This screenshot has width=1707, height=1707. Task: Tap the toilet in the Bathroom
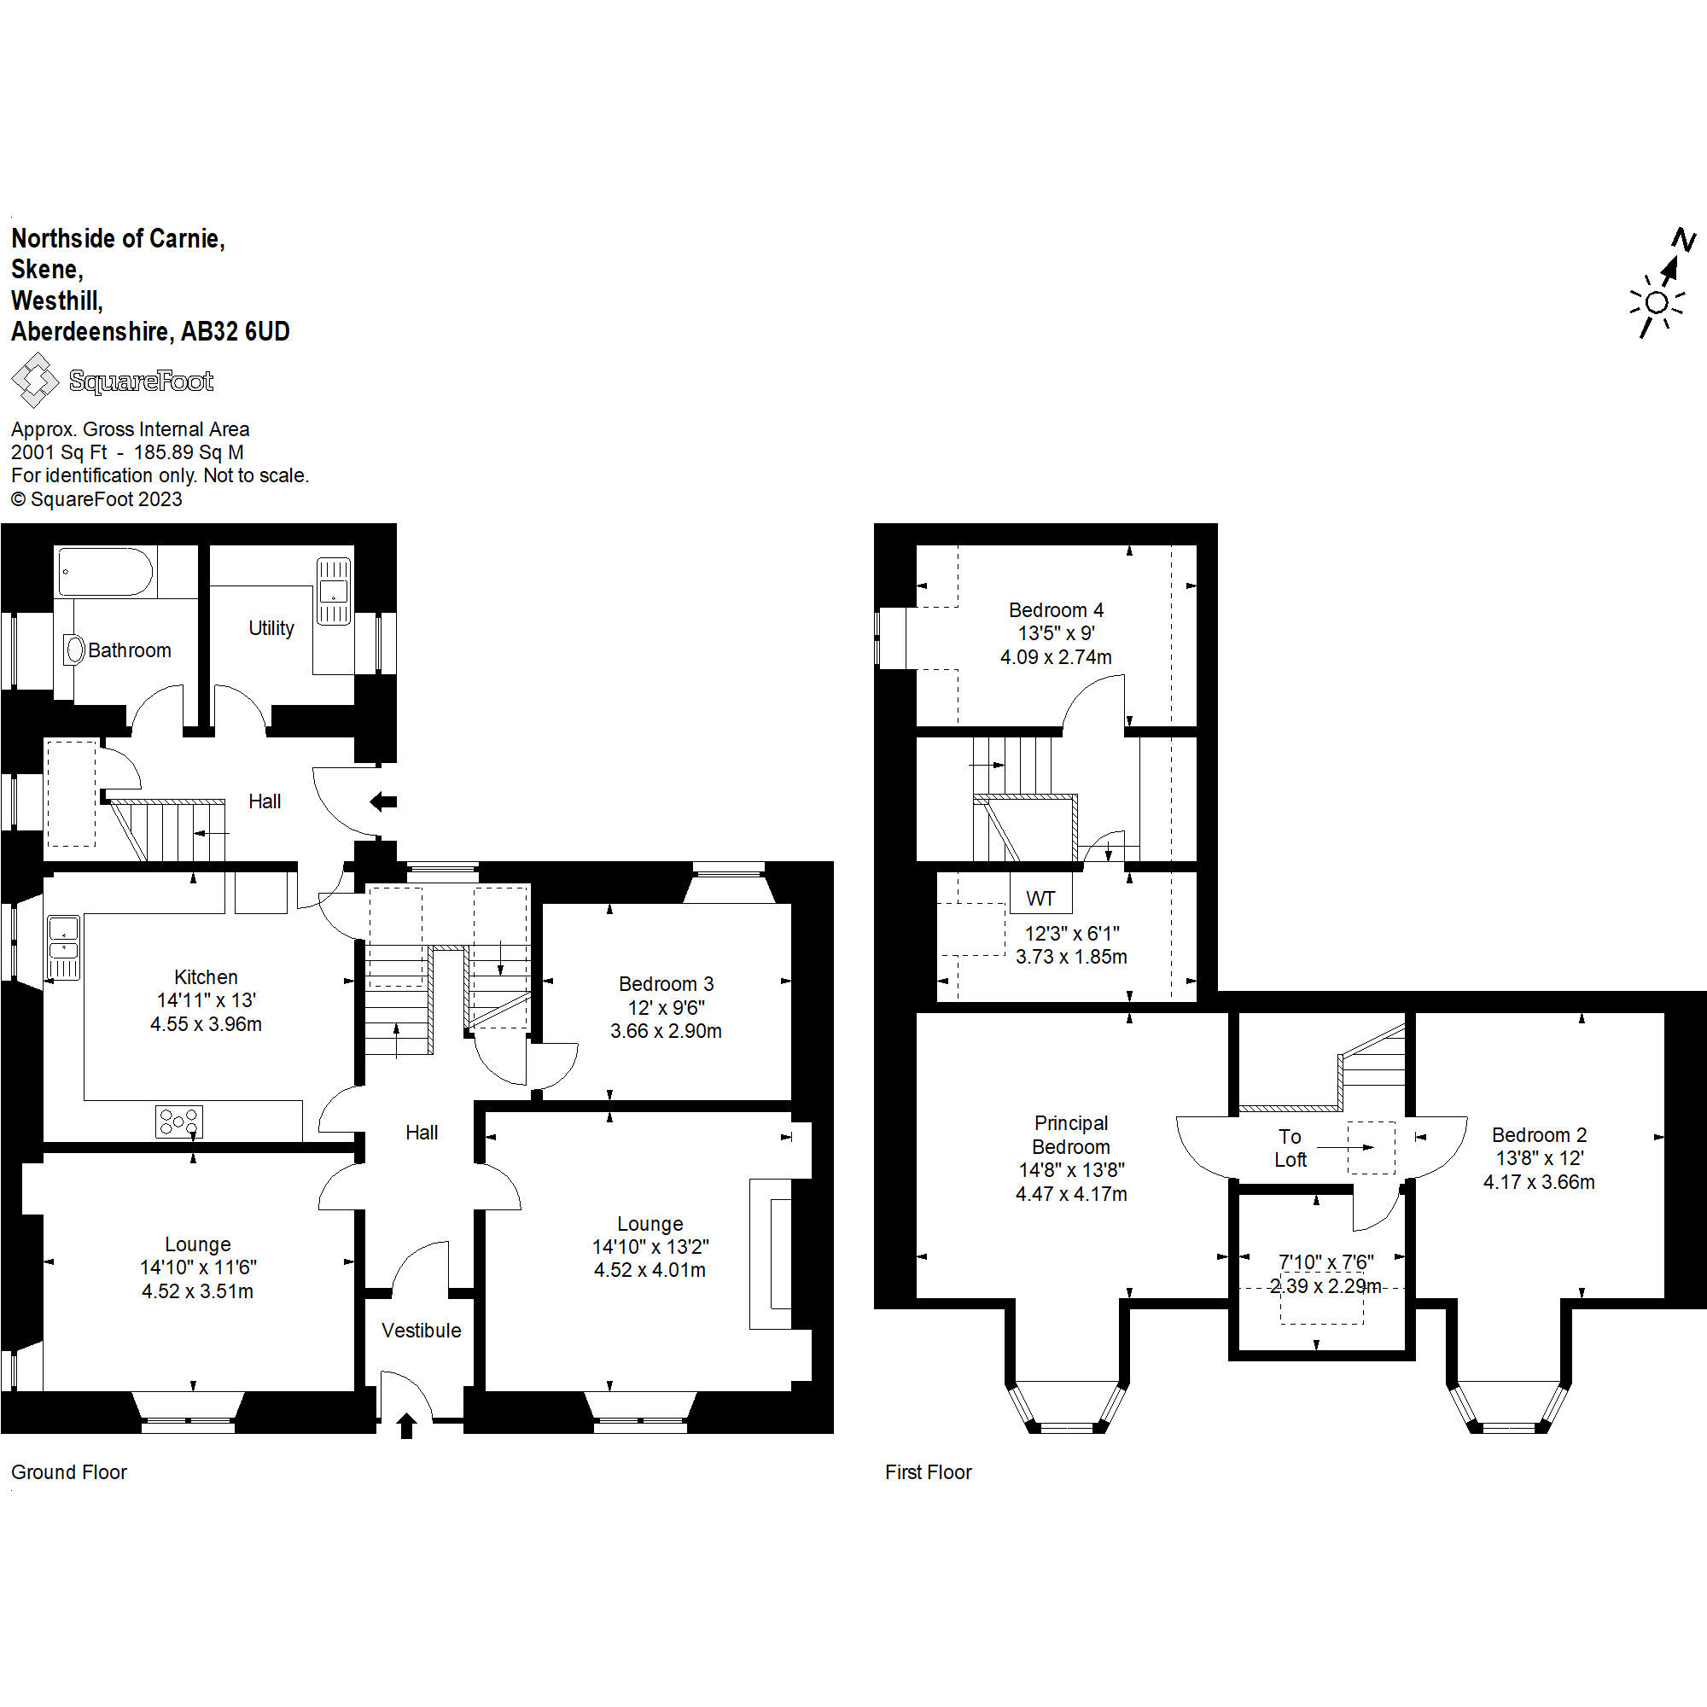tap(73, 650)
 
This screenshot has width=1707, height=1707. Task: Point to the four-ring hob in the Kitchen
tap(178, 1121)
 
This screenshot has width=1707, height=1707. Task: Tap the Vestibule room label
tap(422, 1331)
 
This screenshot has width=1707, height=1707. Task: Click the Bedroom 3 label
tap(667, 984)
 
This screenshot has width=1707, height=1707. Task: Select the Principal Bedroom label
tap(1071, 1135)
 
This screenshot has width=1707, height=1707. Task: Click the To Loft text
tap(1290, 1149)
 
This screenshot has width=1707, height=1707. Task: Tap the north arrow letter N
tap(1684, 240)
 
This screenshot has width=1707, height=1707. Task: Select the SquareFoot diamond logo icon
tap(34, 380)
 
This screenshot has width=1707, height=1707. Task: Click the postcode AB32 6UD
tap(236, 331)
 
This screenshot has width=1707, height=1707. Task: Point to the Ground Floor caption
tap(69, 1473)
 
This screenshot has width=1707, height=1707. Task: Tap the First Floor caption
tap(929, 1473)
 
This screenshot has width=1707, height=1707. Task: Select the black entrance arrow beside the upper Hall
tap(383, 802)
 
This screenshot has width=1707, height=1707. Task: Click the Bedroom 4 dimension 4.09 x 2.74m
tap(1056, 657)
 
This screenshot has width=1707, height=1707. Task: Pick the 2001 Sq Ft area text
tap(59, 452)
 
